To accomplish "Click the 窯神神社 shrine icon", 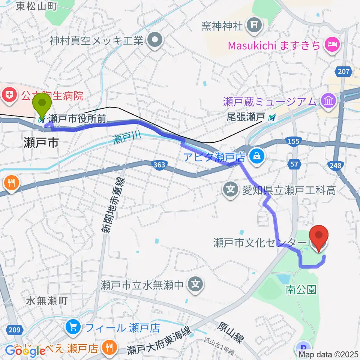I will (254, 25).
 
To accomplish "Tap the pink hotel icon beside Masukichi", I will (332, 45).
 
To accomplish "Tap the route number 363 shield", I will (159, 164).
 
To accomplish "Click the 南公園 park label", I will (301, 289).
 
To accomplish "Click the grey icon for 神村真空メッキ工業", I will (154, 40).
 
